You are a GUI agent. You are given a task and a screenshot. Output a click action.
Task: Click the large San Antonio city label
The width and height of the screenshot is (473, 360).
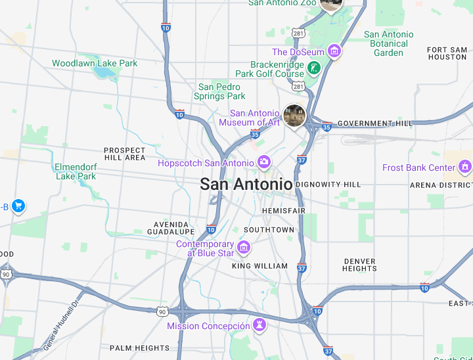point(246,184)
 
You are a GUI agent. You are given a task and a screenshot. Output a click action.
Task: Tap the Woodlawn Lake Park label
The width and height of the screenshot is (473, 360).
point(95,63)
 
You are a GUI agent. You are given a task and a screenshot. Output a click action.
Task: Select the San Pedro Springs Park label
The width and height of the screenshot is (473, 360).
point(219,91)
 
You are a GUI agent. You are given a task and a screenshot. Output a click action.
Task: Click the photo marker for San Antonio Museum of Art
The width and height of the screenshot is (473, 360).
point(294,116)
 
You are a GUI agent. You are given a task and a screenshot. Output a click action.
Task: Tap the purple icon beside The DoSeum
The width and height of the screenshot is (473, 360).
point(334,51)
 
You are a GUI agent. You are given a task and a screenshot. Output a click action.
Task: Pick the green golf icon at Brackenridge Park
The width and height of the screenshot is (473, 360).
point(315,68)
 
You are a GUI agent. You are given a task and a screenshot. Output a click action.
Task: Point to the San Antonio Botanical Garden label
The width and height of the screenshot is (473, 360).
point(388,43)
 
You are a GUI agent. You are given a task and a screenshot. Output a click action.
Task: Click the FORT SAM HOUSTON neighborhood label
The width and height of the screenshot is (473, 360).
point(447,53)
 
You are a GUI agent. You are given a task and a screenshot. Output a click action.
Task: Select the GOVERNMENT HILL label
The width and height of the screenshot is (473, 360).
point(375,124)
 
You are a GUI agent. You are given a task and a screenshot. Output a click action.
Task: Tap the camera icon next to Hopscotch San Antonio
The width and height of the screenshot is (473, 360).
point(264,162)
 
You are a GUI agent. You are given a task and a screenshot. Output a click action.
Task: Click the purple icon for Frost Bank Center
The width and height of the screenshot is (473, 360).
point(465,167)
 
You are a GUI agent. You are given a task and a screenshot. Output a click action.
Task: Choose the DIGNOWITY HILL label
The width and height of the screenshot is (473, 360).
point(328,185)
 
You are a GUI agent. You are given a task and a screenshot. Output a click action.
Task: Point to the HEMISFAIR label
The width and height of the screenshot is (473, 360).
point(284,210)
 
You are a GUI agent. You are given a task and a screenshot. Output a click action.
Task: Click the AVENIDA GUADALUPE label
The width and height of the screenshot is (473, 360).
point(171,228)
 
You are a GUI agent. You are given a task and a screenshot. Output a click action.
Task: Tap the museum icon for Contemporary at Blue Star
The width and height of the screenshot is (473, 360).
point(244,248)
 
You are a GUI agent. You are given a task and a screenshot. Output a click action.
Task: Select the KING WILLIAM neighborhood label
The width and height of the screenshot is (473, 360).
point(259,266)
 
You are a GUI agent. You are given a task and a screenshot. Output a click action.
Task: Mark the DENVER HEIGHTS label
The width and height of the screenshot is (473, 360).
point(360,265)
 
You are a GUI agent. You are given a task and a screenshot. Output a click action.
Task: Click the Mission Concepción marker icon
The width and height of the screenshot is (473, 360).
point(260,325)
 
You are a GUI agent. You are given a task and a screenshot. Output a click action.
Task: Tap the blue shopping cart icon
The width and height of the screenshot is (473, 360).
point(18,206)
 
